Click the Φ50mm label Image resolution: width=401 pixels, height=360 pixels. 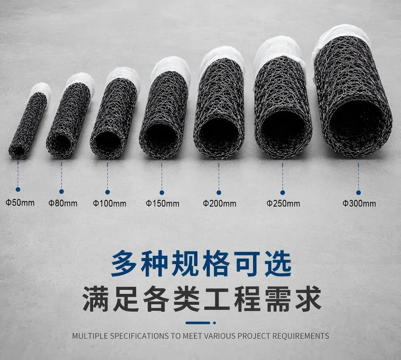(x=20, y=203)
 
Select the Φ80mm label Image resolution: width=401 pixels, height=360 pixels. (x=63, y=203)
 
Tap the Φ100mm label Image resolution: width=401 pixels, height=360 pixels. (x=110, y=204)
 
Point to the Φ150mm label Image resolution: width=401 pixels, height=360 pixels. (x=163, y=204)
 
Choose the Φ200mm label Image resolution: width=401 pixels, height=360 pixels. (x=219, y=204)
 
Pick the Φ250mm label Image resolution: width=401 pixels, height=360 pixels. (x=283, y=204)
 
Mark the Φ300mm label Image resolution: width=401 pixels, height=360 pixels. (x=359, y=204)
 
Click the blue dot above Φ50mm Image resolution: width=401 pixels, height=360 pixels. (x=18, y=190)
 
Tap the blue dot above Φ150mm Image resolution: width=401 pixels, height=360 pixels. (x=162, y=192)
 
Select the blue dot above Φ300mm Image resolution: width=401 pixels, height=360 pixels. (x=358, y=192)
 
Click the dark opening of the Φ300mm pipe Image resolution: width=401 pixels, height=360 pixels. (x=357, y=123)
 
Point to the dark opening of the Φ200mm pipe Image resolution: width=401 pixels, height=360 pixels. (x=219, y=134)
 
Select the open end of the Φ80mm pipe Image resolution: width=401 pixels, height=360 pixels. (x=60, y=143)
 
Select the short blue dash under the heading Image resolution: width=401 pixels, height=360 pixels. (x=198, y=323)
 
